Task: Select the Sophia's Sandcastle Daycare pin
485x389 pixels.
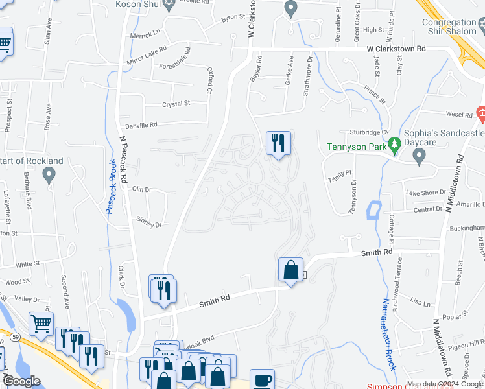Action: (x=419, y=156)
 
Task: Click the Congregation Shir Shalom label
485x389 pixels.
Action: (x=453, y=26)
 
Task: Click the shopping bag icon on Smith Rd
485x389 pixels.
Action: (x=290, y=269)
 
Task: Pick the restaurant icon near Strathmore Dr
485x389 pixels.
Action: (x=279, y=142)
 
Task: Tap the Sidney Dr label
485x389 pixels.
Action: (x=148, y=224)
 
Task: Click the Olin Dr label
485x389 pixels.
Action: (x=141, y=190)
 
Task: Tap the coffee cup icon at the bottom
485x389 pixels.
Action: (x=262, y=380)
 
